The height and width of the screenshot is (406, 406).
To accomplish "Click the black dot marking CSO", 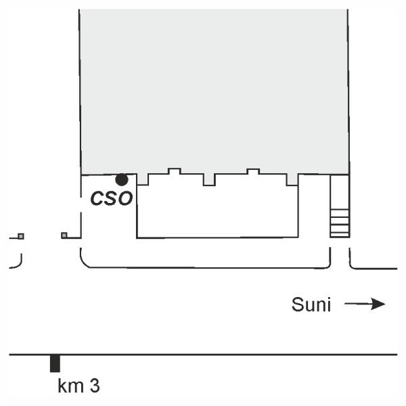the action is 122,179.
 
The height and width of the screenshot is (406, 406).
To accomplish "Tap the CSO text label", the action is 112,199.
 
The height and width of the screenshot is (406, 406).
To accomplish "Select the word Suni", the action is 311,305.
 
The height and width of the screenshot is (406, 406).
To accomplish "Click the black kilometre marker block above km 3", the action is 55,363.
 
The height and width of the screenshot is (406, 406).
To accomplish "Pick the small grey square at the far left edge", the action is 21,235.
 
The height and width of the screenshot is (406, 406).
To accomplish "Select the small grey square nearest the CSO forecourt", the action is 64,235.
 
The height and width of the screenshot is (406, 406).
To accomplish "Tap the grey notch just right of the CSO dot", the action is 143,179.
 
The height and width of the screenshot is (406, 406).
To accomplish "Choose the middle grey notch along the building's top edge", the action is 209,179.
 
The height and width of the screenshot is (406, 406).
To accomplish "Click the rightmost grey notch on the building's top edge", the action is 292,179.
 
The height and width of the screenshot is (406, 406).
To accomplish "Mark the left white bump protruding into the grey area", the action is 174,171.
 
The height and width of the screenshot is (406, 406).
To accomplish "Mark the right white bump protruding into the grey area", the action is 252,171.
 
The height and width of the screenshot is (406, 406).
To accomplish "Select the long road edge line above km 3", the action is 203,354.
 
